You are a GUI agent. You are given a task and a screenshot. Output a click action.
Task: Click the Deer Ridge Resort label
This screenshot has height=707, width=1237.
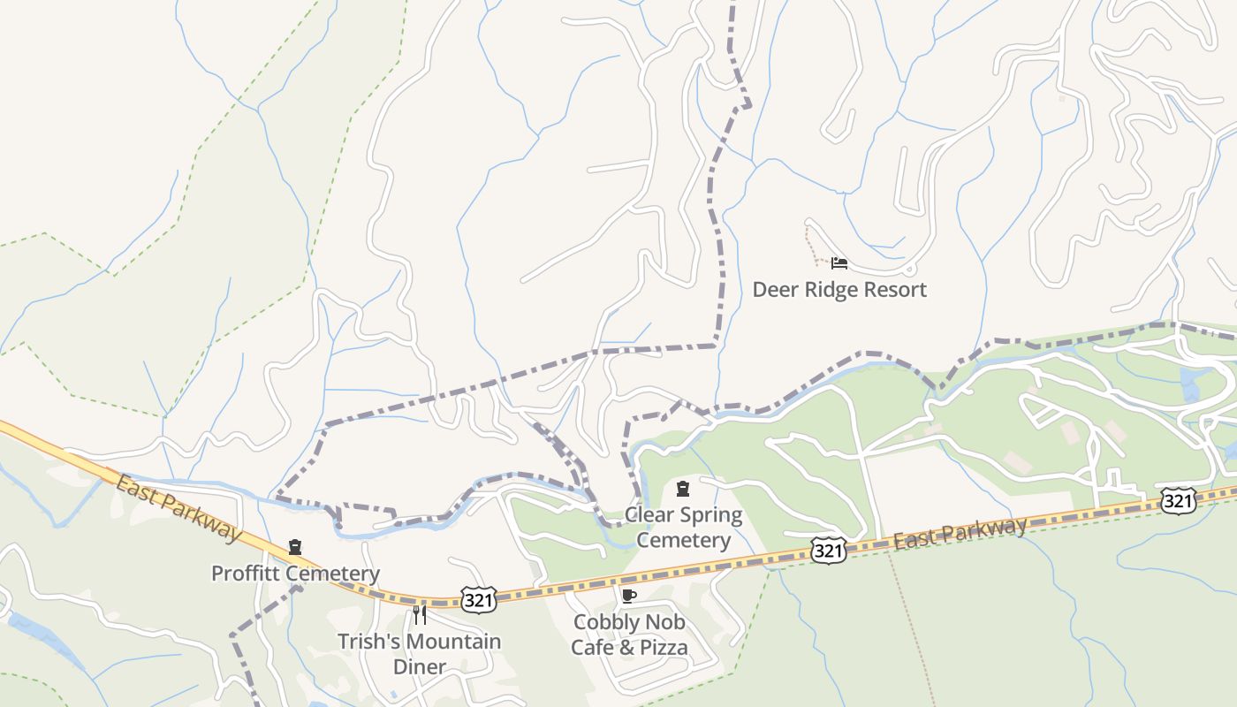click(x=839, y=290)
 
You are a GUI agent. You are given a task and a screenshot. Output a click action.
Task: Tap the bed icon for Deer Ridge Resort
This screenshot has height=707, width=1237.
click(x=839, y=263)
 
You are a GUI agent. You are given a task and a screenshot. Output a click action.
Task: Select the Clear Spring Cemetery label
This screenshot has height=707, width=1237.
click(x=683, y=527)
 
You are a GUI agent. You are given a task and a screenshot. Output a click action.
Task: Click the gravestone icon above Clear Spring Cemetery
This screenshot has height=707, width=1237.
click(x=683, y=489)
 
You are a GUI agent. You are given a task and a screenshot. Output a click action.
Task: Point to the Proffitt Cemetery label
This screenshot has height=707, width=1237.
click(x=295, y=574)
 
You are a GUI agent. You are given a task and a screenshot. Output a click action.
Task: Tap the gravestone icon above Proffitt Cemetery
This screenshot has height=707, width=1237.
click(x=295, y=548)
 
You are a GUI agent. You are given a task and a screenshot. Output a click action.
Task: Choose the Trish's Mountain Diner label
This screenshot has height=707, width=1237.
click(x=419, y=653)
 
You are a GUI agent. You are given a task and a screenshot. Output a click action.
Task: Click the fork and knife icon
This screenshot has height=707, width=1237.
click(x=420, y=614)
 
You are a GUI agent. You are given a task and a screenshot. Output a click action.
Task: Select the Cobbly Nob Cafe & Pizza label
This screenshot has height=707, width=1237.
click(x=629, y=635)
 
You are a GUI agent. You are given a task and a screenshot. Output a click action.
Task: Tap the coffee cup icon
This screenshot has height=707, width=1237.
click(x=629, y=596)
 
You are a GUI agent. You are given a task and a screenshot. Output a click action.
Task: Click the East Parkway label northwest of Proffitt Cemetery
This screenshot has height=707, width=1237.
click(x=178, y=508)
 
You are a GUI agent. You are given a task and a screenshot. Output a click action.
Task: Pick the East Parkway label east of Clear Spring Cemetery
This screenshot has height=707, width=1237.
click(x=960, y=533)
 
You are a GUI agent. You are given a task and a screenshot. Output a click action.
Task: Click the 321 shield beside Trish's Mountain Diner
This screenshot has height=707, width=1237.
click(x=478, y=600)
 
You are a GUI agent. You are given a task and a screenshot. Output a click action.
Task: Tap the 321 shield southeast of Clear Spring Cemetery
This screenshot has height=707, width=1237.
click(x=828, y=551)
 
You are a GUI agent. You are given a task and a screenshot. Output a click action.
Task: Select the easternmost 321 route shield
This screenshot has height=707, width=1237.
click(x=1179, y=501)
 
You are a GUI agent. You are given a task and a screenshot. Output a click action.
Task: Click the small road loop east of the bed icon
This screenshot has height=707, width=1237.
click(x=911, y=269)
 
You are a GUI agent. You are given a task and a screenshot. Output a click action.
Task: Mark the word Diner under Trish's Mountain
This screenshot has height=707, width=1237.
click(x=419, y=666)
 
